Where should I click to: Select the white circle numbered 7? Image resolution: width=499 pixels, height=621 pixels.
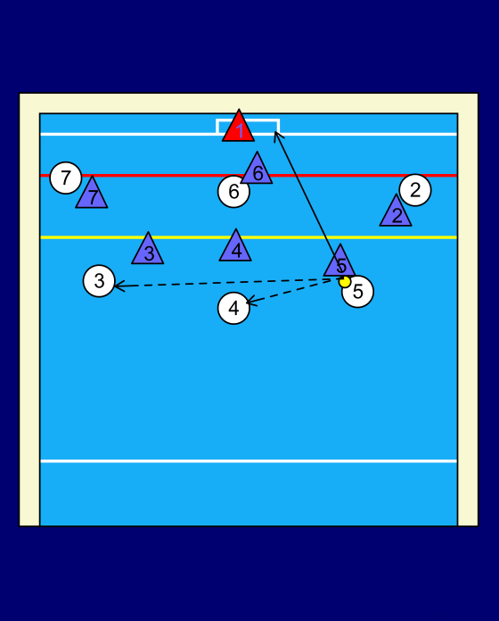pyautogui.click(x=66, y=178)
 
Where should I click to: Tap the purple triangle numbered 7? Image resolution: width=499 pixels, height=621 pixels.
pyautogui.click(x=92, y=195)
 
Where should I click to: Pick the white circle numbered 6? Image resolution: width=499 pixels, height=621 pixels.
pyautogui.click(x=233, y=192)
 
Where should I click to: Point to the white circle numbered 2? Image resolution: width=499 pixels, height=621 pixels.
pyautogui.click(x=415, y=190)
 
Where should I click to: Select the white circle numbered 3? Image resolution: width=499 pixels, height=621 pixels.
pyautogui.click(x=99, y=281)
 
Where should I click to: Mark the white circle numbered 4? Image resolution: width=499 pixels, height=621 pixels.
pyautogui.click(x=233, y=308)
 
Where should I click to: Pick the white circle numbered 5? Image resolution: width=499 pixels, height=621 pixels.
pyautogui.click(x=357, y=292)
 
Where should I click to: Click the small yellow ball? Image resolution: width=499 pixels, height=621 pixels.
pyautogui.click(x=345, y=282)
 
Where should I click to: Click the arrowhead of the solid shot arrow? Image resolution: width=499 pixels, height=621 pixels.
pyautogui.click(x=278, y=137)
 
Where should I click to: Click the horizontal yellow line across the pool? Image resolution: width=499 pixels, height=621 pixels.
pyautogui.click(x=249, y=237)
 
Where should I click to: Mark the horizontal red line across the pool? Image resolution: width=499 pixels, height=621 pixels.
pyautogui.click(x=249, y=175)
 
